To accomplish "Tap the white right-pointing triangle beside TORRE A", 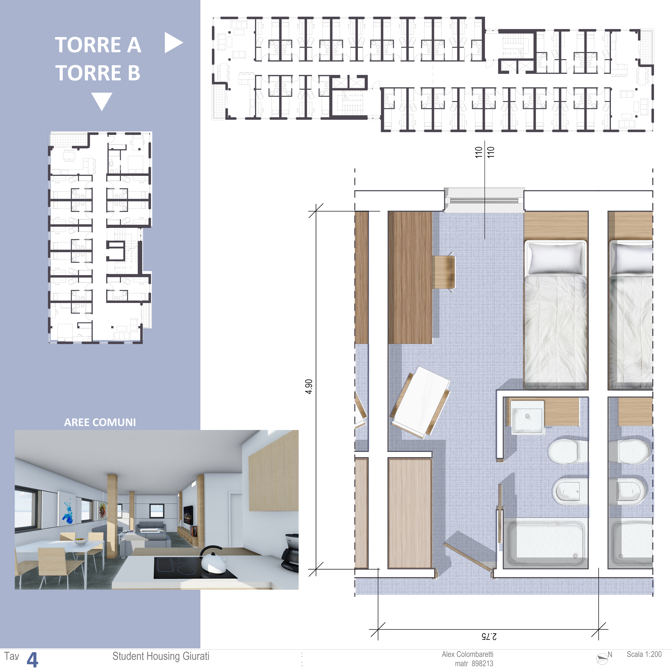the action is tap(173, 43).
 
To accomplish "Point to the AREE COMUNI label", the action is tap(100, 422).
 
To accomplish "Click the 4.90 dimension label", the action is tap(309, 386).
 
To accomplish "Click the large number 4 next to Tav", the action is tap(32, 659).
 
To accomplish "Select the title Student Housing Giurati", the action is tap(161, 656).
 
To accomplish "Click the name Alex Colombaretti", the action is tap(468, 654).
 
